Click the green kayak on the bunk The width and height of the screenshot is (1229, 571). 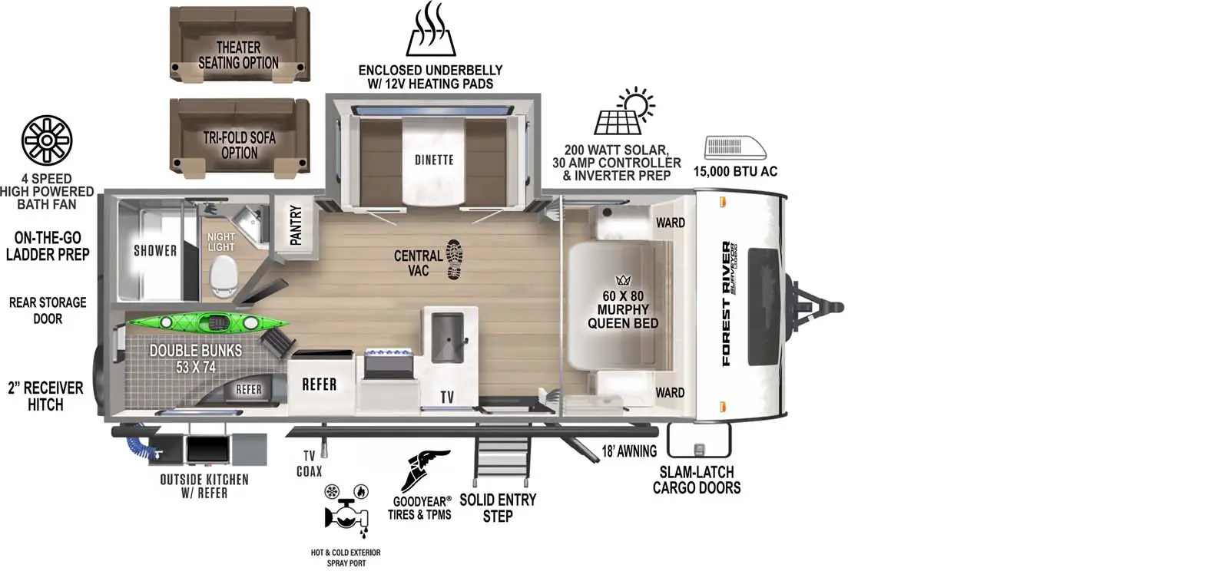pyautogui.click(x=207, y=323)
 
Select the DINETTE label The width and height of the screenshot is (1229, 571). pyautogui.click(x=434, y=160)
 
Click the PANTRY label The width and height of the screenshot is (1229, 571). pyautogui.click(x=296, y=225)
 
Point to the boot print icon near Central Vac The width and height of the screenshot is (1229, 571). pyautogui.click(x=454, y=259)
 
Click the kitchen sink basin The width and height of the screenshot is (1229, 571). pyautogui.click(x=447, y=338)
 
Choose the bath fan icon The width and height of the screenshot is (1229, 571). pyautogui.click(x=47, y=140)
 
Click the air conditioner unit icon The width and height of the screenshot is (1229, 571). pyautogui.click(x=734, y=147)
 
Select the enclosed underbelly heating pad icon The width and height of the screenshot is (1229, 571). pyautogui.click(x=431, y=28)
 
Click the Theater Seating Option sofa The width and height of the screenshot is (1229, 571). pyautogui.click(x=240, y=45)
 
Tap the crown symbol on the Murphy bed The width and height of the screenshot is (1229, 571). pyautogui.click(x=623, y=281)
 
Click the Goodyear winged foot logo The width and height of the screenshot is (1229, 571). pyautogui.click(x=425, y=470)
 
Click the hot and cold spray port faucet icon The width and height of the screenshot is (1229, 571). pyautogui.click(x=346, y=513)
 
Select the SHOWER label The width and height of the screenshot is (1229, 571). pyautogui.click(x=155, y=250)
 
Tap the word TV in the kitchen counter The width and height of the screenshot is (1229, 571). pyautogui.click(x=447, y=398)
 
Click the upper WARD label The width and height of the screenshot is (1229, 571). pyautogui.click(x=671, y=223)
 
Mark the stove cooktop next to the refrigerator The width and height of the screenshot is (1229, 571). pyautogui.click(x=389, y=365)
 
